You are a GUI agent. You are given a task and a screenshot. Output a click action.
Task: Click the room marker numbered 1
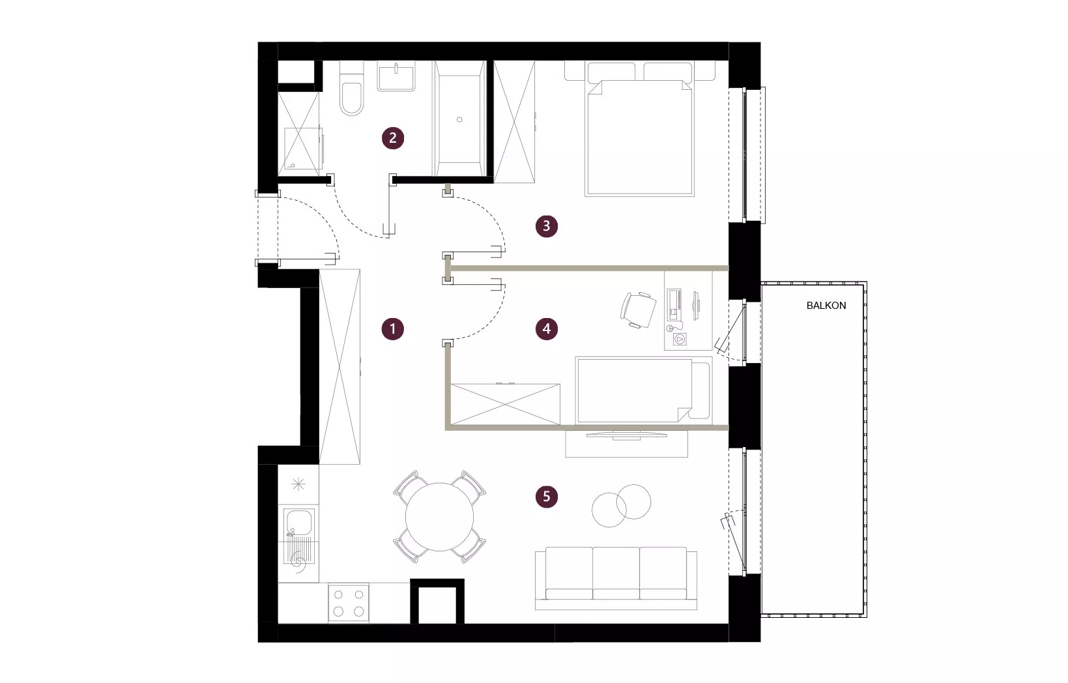coord(392,329)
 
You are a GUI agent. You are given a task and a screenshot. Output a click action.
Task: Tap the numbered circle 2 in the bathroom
coord(392,138)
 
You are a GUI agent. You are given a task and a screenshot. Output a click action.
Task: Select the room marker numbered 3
coord(547,225)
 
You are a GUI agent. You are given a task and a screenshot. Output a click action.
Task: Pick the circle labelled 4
coord(547,329)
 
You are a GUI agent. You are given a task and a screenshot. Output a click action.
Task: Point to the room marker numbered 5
coord(547,497)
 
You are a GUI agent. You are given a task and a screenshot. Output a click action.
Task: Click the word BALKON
coord(826,306)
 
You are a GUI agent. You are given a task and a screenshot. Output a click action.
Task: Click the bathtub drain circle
coord(459,120)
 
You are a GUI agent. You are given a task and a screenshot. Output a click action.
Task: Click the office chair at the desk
coord(638,310)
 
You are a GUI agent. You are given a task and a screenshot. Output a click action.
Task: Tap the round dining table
coord(439,517)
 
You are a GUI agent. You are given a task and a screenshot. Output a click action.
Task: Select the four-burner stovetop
coord(349,602)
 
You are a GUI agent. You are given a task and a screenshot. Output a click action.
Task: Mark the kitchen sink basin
coord(298,521)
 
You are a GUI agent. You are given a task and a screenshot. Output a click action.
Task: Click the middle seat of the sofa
coord(616,573)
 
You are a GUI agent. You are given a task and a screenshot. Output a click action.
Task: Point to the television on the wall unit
coord(626,434)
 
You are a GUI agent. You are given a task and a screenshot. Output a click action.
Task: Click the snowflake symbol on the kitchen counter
coord(298,485)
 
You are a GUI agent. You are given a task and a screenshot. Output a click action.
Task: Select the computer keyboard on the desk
coord(674,304)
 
